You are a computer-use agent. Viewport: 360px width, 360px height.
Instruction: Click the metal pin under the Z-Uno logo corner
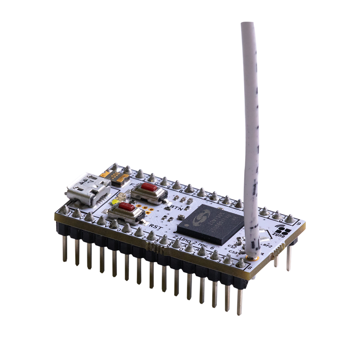pos(288,256)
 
